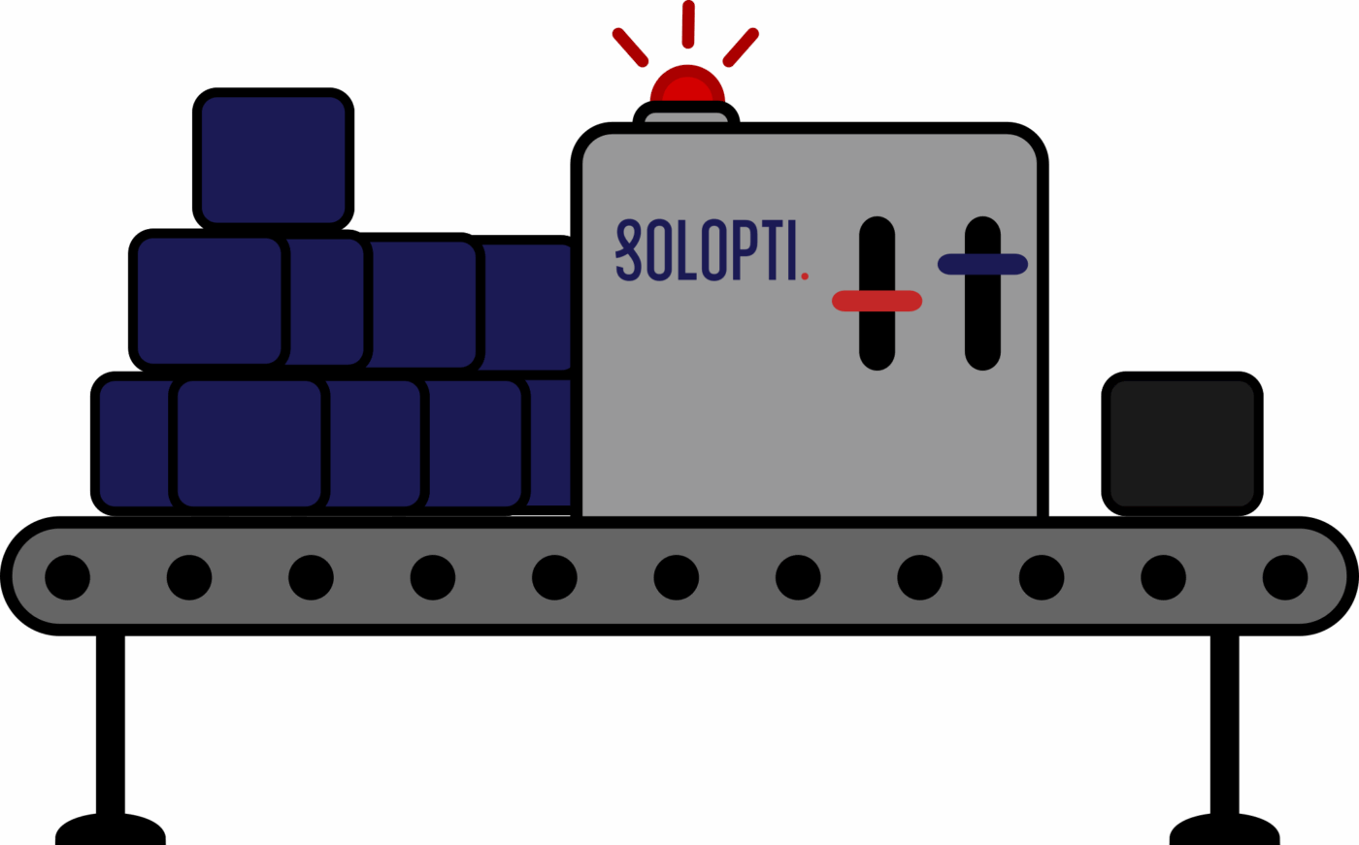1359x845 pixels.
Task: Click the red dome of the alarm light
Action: coord(687,85)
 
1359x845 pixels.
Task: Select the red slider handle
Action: coord(877,301)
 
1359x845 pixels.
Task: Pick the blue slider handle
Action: coord(982,264)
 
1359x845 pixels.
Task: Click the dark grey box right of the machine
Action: coord(1181,443)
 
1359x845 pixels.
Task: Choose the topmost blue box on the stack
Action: coord(273,159)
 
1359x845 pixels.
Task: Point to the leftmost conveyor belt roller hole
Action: coord(68,577)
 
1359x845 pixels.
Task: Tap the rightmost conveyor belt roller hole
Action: coord(1284,577)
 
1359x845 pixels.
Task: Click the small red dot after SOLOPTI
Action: coord(805,276)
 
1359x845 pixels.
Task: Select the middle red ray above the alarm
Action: coord(687,23)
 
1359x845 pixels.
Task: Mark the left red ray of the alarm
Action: coord(630,47)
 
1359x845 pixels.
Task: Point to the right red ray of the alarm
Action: coord(741,47)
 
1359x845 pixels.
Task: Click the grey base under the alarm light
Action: coord(686,117)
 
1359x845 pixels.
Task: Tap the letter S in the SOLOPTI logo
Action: coord(629,250)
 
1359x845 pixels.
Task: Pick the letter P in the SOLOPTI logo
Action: coord(742,250)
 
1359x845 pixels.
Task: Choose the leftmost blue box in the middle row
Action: coord(209,301)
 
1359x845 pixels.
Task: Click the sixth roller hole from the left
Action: coord(677,577)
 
